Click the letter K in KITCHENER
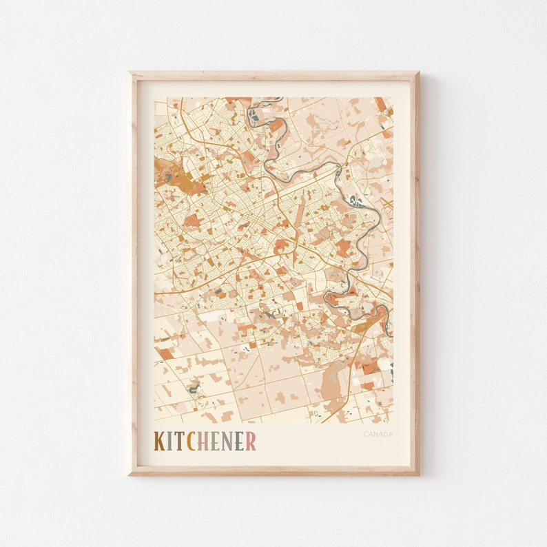click(160, 441)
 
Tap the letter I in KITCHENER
click(170, 441)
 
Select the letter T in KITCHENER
click(178, 441)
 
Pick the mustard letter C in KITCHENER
click(189, 441)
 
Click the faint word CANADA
click(378, 434)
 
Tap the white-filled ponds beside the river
click(355, 201)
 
